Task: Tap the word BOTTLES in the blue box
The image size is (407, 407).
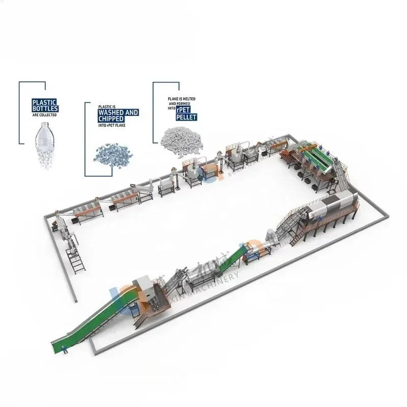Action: [45, 108]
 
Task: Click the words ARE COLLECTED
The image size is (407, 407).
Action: [44, 115]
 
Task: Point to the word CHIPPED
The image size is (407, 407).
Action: [110, 119]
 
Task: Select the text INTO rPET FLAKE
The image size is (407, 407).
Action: [111, 125]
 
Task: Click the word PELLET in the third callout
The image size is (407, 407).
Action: [186, 118]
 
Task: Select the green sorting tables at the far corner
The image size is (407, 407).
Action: [315, 158]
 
